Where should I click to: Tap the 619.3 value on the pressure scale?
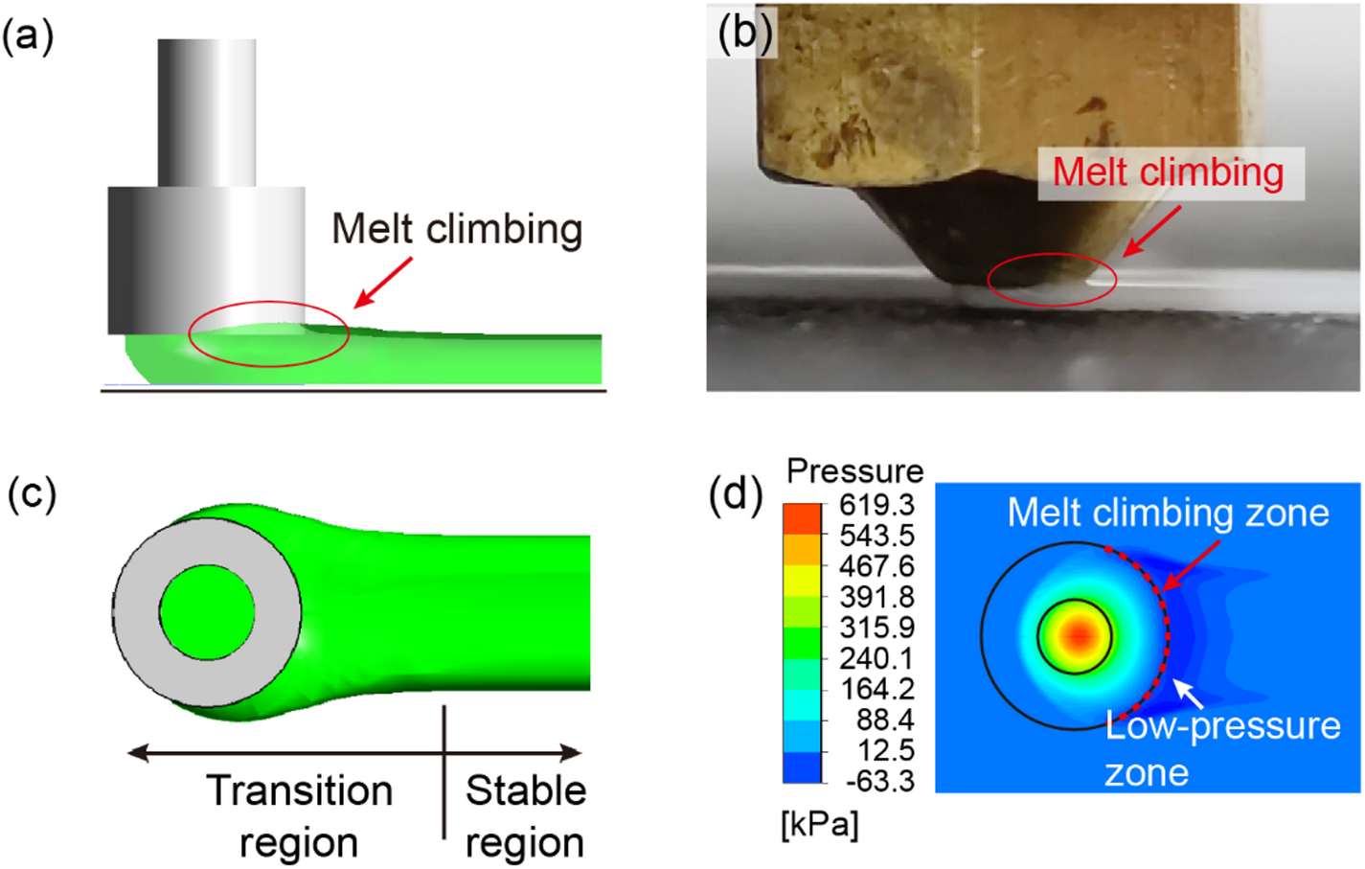tap(876, 505)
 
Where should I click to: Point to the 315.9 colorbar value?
tap(876, 628)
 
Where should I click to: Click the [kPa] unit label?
tap(820, 824)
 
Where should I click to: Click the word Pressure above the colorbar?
tap(854, 470)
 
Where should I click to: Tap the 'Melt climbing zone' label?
tap(1168, 514)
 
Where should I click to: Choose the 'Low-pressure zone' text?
tap(1221, 748)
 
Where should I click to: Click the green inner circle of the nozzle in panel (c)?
tap(207, 612)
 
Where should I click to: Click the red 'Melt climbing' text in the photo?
tap(1168, 172)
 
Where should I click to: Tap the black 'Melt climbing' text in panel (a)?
tap(457, 230)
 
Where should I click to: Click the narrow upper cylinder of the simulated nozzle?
tap(207, 112)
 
